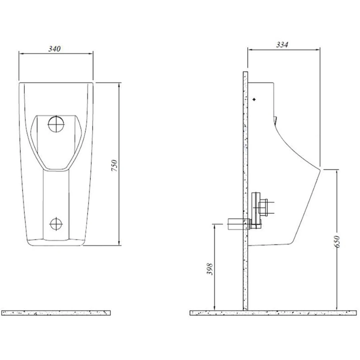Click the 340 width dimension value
pos(54,49)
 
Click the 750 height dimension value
pos(114,165)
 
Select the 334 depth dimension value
pos(282,45)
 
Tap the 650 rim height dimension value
pos(337,241)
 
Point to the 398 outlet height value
pos(210,269)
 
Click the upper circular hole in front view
pos(56,124)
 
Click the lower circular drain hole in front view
pos(56,224)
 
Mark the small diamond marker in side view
pos(254,99)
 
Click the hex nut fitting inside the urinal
pos(264,208)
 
